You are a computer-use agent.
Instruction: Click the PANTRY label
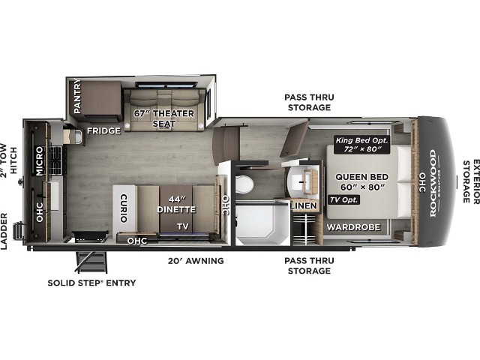click(x=77, y=96)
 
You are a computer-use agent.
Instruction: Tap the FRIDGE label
click(x=103, y=131)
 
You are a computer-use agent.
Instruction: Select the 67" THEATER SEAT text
click(x=164, y=118)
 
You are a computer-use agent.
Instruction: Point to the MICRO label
click(x=40, y=160)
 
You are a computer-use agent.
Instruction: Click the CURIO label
click(x=124, y=208)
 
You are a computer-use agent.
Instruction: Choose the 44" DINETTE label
click(x=176, y=205)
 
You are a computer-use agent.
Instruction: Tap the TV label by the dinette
click(x=183, y=226)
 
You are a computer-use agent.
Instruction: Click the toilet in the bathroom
click(x=244, y=184)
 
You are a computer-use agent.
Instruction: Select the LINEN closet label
click(x=303, y=205)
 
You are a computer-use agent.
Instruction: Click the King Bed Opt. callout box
click(x=361, y=145)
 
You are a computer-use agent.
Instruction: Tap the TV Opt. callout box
click(x=343, y=200)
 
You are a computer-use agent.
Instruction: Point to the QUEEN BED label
click(x=361, y=177)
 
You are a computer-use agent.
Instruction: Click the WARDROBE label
click(x=353, y=227)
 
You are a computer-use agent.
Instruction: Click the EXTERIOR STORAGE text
click(x=471, y=181)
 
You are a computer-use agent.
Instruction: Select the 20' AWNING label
click(x=196, y=261)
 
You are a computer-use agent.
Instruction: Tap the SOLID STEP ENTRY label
click(x=91, y=283)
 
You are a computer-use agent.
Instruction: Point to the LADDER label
click(x=4, y=232)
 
